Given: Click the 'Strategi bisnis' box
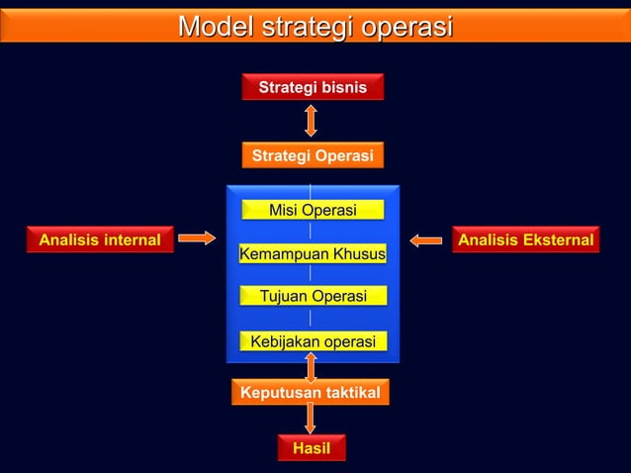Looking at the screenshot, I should pyautogui.click(x=313, y=88).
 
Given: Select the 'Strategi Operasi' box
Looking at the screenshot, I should pyautogui.click(x=313, y=156).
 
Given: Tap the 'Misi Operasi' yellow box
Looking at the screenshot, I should pyautogui.click(x=313, y=210).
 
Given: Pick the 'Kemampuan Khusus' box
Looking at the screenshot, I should pyautogui.click(x=313, y=254).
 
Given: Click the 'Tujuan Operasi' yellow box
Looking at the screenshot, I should pyautogui.click(x=313, y=296).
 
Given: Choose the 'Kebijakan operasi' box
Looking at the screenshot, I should pyautogui.click(x=313, y=341).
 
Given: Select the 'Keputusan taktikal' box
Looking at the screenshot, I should pyautogui.click(x=311, y=393).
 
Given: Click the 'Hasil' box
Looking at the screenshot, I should pyautogui.click(x=312, y=449).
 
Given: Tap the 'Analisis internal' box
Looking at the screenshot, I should pyautogui.click(x=99, y=239).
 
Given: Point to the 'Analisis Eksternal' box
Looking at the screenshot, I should pyautogui.click(x=525, y=239).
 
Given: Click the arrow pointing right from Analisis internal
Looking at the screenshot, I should pyautogui.click(x=197, y=237).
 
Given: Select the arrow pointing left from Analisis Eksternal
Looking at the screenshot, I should pyautogui.click(x=426, y=239).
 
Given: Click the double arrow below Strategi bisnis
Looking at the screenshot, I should pyautogui.click(x=311, y=120).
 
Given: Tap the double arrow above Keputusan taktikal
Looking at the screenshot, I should pyautogui.click(x=311, y=366).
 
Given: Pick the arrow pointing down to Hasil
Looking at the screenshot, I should pyautogui.click(x=311, y=420).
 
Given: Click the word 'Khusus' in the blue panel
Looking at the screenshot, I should pyautogui.click(x=360, y=254).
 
